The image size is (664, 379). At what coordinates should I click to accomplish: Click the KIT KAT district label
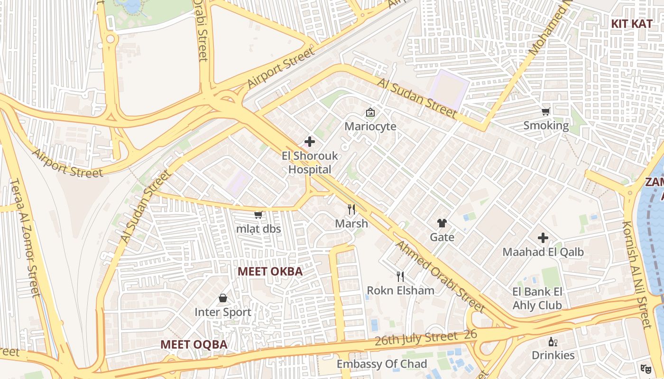tap(631, 24)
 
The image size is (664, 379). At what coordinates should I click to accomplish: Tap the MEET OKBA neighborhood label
tap(270, 271)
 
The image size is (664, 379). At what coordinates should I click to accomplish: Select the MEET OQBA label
tap(194, 344)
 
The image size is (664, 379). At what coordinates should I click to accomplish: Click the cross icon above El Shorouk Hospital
tap(310, 142)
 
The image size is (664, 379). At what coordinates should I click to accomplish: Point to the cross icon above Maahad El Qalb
tap(543, 238)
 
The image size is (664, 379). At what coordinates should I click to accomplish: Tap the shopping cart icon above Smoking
tap(546, 112)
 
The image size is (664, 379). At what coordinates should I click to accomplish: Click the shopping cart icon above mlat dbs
tap(258, 215)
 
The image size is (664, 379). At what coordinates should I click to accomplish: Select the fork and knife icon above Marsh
tap(351, 209)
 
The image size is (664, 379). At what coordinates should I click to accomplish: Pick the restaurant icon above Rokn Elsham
tap(400, 277)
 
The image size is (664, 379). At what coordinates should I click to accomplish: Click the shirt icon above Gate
tap(442, 223)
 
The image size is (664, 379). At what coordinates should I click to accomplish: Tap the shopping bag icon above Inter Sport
tap(223, 298)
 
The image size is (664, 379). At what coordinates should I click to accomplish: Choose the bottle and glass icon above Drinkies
tap(553, 342)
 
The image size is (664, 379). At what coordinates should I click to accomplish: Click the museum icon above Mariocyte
tap(370, 112)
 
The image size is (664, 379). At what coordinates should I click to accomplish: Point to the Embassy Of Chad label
tap(382, 364)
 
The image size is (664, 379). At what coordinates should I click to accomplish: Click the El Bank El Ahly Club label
tap(537, 298)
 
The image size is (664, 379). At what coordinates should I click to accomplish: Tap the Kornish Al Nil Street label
tap(637, 275)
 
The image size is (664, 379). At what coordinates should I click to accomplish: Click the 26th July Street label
tap(415, 339)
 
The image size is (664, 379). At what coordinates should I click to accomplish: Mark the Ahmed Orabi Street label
tap(440, 277)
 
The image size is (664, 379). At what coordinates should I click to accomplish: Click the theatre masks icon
tap(645, 368)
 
